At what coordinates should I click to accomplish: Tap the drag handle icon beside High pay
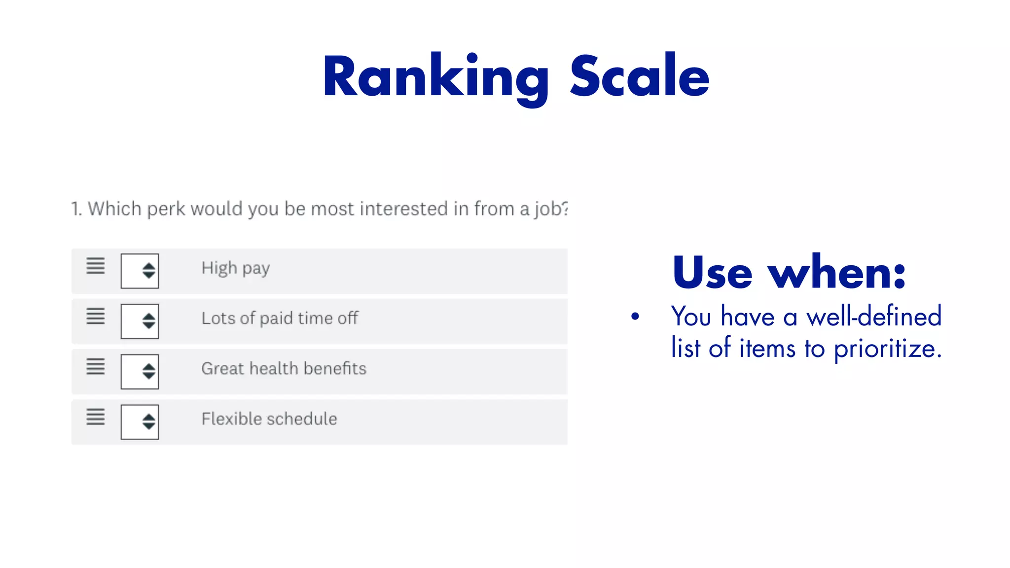tap(96, 266)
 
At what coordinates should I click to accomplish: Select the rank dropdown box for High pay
tap(140, 271)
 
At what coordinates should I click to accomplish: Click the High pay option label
tap(235, 268)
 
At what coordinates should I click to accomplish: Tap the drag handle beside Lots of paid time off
tap(96, 316)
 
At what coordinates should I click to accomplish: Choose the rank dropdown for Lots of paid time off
tap(140, 321)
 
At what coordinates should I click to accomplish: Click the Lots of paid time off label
tap(280, 319)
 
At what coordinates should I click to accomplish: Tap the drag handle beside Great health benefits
tap(96, 366)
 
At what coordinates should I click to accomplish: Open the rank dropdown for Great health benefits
tap(140, 371)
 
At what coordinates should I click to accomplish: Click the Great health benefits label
tap(284, 369)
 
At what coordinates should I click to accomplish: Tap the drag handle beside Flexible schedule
tap(96, 417)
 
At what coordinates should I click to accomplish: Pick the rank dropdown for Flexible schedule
tap(140, 422)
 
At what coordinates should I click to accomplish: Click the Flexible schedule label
tap(269, 419)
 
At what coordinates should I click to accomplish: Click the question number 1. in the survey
tap(76, 209)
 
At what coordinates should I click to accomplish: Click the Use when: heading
tap(789, 272)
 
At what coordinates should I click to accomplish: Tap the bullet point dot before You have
tap(635, 317)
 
